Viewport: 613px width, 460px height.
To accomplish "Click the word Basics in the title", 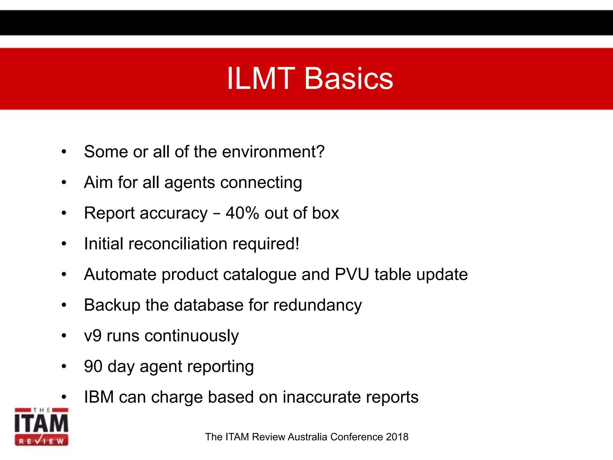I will click(349, 78).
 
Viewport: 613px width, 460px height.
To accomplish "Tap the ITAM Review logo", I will click(41, 426).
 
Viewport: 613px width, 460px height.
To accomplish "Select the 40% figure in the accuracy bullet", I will click(242, 213).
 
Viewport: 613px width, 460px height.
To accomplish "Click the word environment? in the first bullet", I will click(273, 152).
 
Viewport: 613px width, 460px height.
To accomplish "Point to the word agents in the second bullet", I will click(189, 183).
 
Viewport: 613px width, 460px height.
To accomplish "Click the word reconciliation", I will click(178, 244).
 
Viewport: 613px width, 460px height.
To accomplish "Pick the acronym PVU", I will click(352, 274).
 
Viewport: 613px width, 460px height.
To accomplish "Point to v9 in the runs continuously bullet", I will click(93, 336).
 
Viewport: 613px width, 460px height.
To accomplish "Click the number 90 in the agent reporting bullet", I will click(93, 366).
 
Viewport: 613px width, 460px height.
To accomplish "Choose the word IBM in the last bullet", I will click(99, 397).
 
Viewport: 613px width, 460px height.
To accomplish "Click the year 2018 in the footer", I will click(397, 437).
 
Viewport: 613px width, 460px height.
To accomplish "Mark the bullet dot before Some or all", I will click(64, 152).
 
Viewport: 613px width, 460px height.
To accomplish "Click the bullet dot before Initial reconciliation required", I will click(64, 244).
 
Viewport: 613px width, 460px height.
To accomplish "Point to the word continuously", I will click(192, 336).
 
